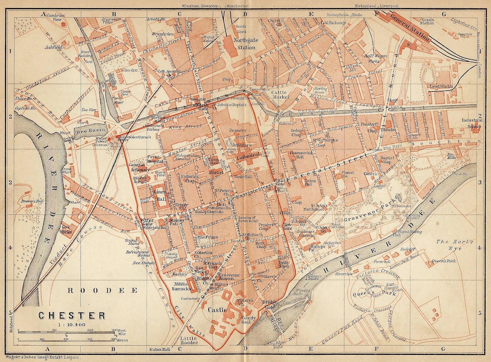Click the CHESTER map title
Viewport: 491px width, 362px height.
coord(72,315)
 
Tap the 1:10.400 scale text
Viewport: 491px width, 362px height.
coord(72,325)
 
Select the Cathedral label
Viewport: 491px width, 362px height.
coord(248,154)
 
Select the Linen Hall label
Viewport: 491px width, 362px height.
coord(159,195)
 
